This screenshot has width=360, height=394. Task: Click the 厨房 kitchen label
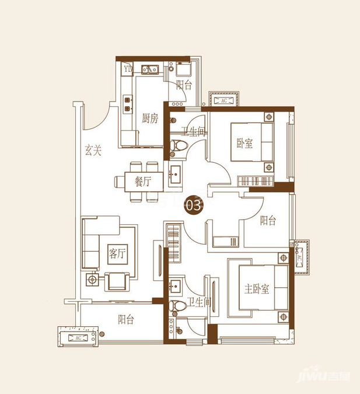(150, 118)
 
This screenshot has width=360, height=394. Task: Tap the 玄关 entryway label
(93, 150)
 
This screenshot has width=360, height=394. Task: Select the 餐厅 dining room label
(143, 181)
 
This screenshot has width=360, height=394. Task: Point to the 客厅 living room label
(117, 253)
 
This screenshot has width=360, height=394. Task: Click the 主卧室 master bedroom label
(257, 289)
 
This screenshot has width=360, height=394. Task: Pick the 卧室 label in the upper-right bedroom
(244, 143)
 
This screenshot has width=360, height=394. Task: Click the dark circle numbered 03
(194, 205)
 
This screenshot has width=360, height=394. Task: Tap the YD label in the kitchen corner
(128, 68)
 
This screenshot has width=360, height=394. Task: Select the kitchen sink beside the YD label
(150, 69)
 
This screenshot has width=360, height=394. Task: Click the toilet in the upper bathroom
(179, 145)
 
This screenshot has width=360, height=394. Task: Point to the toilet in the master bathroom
(177, 306)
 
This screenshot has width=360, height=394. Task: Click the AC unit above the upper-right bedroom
(224, 100)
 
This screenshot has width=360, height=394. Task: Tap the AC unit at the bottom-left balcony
(78, 338)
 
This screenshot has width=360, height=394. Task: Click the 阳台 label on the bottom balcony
(126, 319)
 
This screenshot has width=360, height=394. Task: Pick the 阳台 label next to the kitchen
(184, 85)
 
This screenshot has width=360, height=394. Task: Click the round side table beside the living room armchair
(93, 280)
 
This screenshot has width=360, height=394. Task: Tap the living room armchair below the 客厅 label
(117, 281)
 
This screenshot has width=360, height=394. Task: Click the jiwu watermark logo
(324, 376)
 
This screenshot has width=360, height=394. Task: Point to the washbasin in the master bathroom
(176, 286)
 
